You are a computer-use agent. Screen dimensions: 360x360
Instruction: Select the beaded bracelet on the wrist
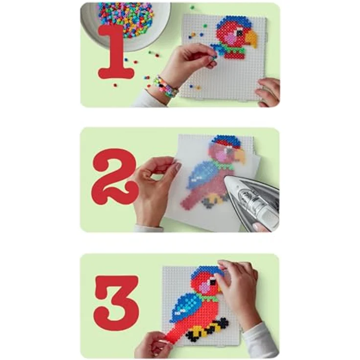tap(165, 87)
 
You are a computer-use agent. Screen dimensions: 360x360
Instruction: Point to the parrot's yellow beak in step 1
tap(251, 38)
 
